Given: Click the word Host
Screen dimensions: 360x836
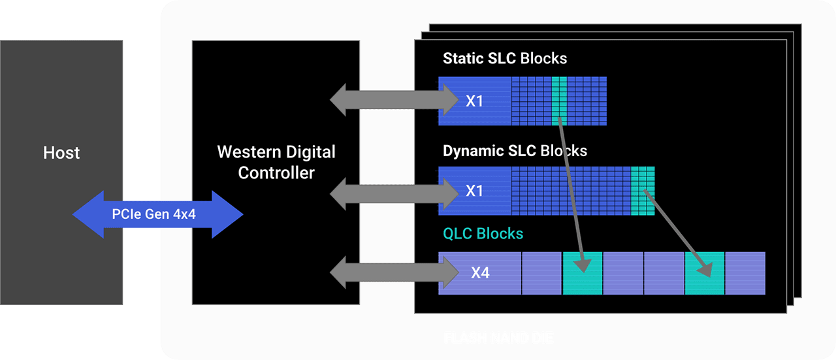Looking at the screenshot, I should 61,153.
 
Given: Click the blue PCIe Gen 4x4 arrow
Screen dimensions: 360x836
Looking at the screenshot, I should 157,214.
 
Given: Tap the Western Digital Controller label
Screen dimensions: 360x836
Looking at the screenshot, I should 276,163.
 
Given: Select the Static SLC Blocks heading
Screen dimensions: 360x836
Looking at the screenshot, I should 505,58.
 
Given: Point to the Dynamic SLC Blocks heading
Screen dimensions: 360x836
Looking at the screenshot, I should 515,151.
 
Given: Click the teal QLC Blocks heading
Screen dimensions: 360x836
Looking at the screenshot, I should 483,233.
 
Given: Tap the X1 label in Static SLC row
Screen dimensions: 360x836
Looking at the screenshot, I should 475,101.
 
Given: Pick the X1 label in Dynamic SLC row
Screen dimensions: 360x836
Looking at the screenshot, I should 475,191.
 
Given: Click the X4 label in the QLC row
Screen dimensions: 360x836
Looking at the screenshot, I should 480,272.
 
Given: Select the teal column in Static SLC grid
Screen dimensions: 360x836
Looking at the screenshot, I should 559,101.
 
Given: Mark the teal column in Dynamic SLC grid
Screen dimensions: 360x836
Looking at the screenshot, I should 643,191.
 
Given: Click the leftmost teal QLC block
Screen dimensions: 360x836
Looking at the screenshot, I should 582,273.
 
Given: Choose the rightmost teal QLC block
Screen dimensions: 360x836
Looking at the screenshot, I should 705,273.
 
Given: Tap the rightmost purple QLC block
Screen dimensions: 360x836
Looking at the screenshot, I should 745,273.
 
